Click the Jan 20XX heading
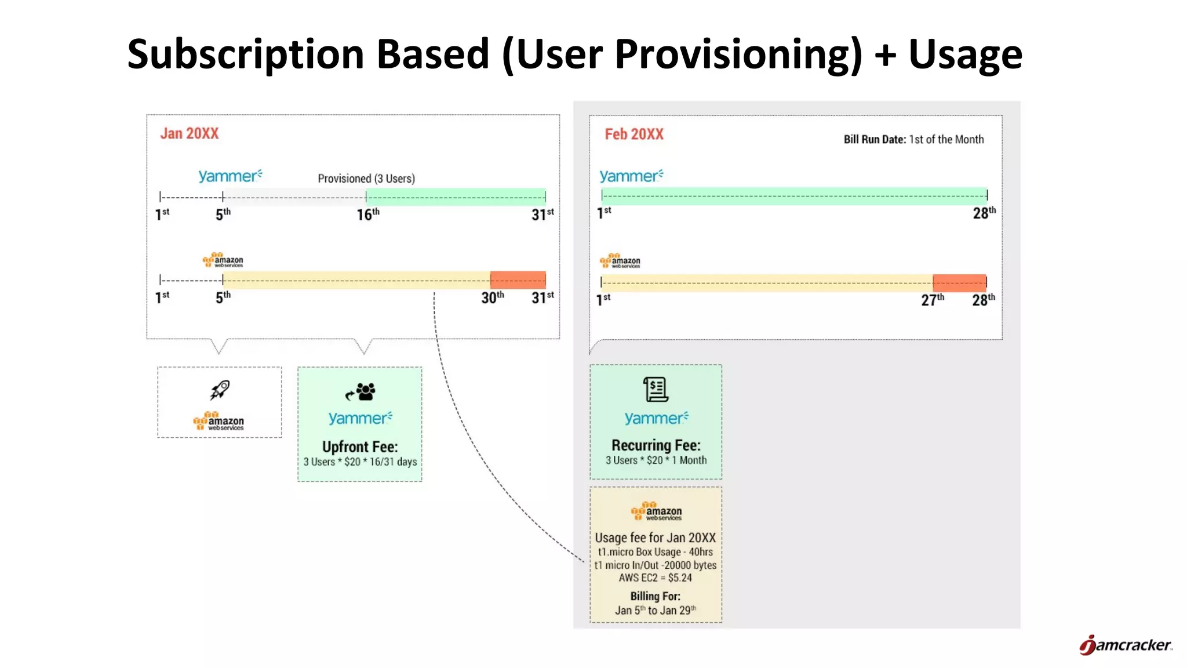point(190,134)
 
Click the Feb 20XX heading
point(634,135)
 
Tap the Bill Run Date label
point(875,140)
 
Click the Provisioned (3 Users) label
point(366,179)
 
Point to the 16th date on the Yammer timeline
point(368,215)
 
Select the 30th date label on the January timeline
point(492,298)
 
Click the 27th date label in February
point(933,300)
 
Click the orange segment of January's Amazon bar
point(518,280)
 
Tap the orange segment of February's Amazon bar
point(959,282)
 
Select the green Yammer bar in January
point(456,197)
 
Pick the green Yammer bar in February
point(794,195)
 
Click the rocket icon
point(220,390)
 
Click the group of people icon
point(361,392)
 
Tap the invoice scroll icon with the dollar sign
point(656,389)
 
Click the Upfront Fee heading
point(360,447)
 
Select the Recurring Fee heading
point(656,445)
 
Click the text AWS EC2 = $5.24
point(655,578)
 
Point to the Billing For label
point(655,596)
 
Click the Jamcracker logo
point(1125,645)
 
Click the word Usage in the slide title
point(965,54)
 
